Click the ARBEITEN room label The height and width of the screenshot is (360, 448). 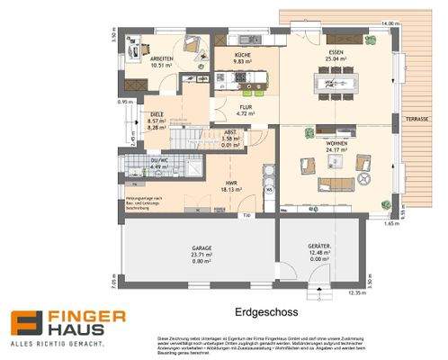162,57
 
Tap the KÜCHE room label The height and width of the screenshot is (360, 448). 243,56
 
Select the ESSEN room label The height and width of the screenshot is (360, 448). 336,54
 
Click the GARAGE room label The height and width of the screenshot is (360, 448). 201,249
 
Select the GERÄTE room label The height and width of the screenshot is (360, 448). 319,247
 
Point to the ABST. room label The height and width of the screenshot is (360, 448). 230,132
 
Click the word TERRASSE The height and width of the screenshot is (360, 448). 417,119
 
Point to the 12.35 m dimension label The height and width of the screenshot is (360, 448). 358,293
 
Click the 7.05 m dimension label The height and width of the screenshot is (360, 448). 114,281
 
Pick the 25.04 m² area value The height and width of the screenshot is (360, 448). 336,60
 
